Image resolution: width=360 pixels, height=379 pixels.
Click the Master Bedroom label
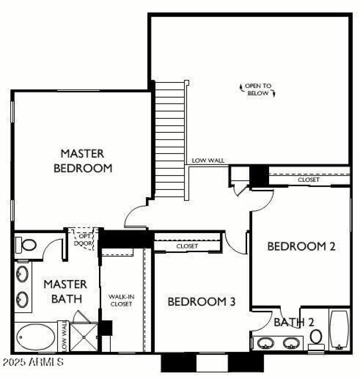point(83,161)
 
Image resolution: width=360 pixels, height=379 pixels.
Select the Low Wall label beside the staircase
point(208,160)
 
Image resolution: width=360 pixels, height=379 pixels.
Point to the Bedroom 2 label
point(301,246)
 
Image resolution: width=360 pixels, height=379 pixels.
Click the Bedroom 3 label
point(202,302)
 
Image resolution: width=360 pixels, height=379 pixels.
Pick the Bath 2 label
point(294,322)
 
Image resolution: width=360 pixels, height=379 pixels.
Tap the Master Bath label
point(66,291)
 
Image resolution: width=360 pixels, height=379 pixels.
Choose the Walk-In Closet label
point(121,300)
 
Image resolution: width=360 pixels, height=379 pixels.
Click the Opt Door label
point(85,239)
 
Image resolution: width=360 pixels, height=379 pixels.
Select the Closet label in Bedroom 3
point(187,246)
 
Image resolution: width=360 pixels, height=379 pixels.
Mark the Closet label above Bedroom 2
point(309,180)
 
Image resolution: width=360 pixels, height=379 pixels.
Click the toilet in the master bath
point(28,245)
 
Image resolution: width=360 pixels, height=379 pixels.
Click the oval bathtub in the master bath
point(35,336)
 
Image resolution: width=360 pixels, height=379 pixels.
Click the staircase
point(170,140)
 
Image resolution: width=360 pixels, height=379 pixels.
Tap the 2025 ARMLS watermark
point(32,361)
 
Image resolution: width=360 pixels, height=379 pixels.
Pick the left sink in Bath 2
point(266,343)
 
